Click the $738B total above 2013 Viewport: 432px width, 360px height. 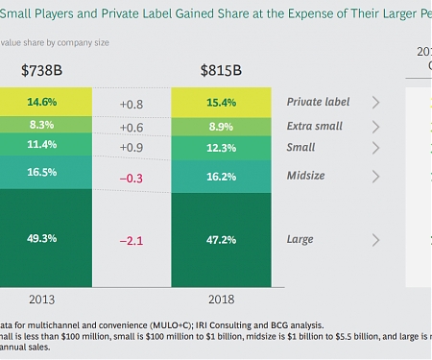43,70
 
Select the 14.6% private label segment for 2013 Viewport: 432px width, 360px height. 43,103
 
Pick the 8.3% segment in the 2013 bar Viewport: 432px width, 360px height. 43,126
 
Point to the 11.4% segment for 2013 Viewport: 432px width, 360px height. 43,146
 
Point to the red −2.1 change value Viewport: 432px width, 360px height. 132,240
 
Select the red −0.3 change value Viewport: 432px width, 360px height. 132,177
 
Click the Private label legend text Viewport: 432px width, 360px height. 318,102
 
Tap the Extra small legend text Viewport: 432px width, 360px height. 314,126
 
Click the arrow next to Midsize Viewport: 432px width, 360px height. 375,177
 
